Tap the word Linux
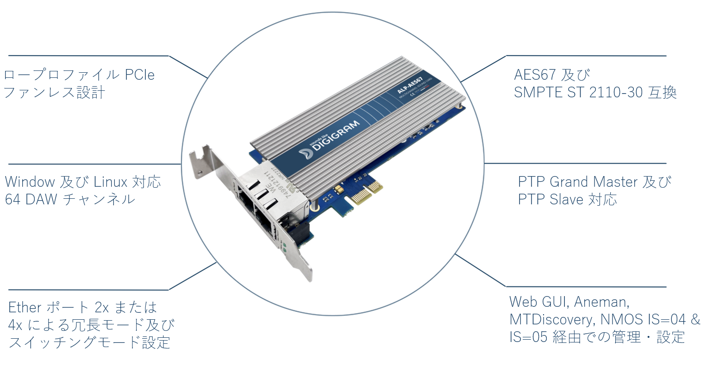click(x=111, y=181)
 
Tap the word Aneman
click(x=601, y=302)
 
